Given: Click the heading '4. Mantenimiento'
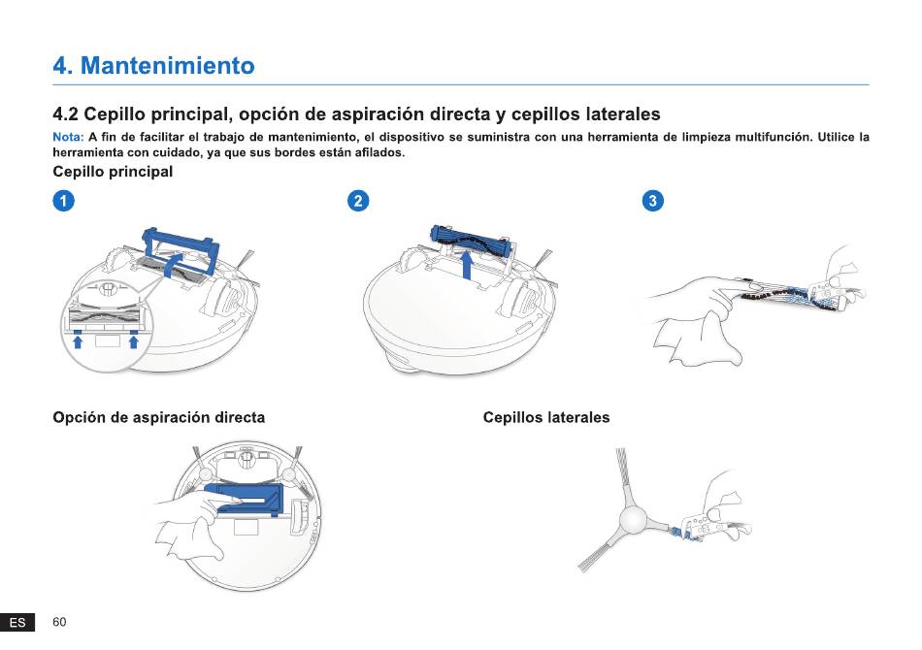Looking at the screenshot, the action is [x=153, y=65].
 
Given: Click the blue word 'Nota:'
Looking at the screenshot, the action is [x=68, y=137].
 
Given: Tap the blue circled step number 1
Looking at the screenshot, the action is [x=63, y=201].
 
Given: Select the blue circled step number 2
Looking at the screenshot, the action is [x=358, y=201].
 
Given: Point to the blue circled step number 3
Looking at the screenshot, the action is [x=653, y=201].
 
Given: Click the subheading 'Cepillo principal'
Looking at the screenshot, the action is [x=113, y=172].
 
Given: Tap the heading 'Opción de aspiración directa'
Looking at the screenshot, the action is [x=159, y=417].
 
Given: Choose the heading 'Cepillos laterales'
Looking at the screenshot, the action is [x=546, y=417].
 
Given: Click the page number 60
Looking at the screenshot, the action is [x=59, y=622].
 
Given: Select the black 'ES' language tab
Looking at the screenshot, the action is [x=17, y=623].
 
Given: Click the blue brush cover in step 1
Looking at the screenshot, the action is [x=181, y=246].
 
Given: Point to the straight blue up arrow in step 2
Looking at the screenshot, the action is [x=466, y=265].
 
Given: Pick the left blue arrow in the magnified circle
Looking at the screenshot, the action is [x=77, y=340].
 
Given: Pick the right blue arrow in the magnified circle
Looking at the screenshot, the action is [x=134, y=340].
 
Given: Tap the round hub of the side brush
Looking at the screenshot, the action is [x=633, y=520].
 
